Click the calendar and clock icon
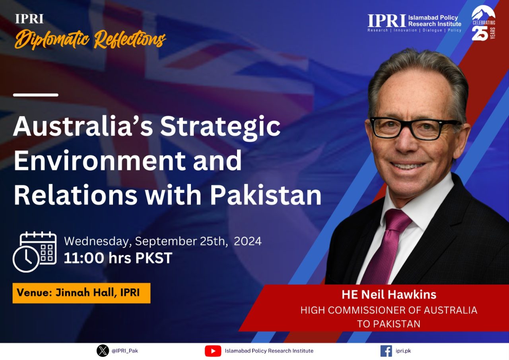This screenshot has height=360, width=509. coord(35,252)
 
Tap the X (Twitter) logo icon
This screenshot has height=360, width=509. coord(103,350)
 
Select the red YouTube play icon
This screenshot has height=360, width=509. coord(213,351)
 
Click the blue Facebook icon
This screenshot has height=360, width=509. coord(386,351)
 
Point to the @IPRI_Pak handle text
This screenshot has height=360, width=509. coord(125,351)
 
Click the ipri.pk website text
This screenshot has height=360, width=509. coord(403,351)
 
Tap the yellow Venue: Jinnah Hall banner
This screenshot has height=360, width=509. coord(82,293)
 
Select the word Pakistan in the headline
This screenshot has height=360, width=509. coord(266,195)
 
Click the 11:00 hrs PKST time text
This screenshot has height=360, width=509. coord(118,258)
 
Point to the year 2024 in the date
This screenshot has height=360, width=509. coord(248,241)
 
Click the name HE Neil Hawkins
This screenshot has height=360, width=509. coord(389,294)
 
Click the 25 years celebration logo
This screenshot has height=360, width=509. coord(483,23)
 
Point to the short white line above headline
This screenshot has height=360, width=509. coord(36,95)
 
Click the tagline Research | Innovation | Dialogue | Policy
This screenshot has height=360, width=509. coord(414,30)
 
